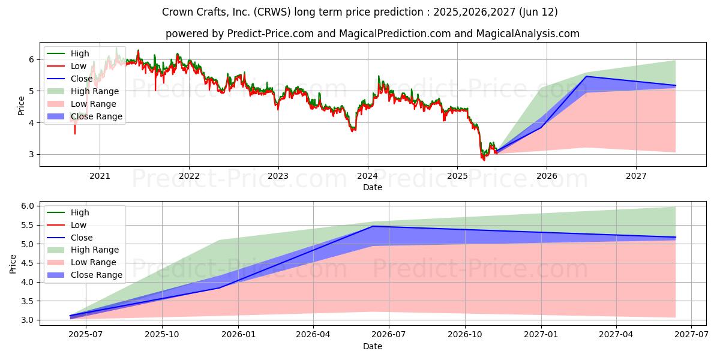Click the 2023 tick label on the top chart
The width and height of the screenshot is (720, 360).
278,176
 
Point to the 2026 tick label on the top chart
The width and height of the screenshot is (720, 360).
547,176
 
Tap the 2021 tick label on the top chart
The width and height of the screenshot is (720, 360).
100,176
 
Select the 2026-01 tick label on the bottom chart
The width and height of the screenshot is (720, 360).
238,335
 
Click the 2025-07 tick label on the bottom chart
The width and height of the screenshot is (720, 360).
86,335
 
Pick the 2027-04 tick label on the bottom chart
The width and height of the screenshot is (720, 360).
616,335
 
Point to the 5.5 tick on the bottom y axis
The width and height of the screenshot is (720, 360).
28,225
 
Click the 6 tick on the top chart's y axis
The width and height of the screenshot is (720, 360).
31,59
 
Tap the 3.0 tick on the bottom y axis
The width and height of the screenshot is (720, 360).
28,320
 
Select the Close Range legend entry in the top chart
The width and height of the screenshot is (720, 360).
85,116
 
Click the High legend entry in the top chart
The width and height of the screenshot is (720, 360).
68,53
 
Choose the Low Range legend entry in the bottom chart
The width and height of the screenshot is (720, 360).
82,262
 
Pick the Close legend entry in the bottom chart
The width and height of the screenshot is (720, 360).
70,238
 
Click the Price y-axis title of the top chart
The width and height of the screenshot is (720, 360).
21,106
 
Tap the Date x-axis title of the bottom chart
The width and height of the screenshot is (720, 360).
373,346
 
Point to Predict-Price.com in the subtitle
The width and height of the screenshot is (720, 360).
271,34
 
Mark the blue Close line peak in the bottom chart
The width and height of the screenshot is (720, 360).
373,226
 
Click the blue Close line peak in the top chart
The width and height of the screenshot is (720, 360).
587,76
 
